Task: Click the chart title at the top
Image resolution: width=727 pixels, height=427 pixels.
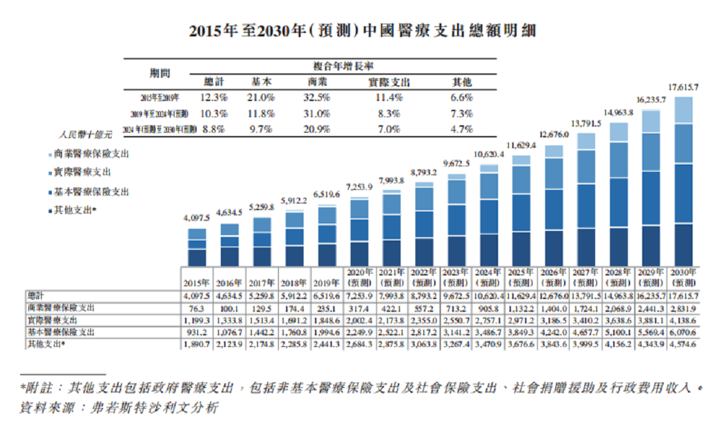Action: pos(363,31)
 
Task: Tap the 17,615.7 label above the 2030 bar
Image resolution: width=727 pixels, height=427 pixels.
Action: pos(683,88)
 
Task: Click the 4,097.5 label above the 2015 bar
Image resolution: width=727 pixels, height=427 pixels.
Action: pos(197,218)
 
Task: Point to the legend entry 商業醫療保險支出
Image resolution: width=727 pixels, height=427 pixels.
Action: pos(90,154)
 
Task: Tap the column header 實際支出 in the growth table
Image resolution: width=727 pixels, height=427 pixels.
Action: pos(388,82)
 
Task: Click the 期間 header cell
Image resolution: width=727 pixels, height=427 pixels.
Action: pos(160,73)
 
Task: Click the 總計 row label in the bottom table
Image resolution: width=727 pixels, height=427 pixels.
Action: pos(36,296)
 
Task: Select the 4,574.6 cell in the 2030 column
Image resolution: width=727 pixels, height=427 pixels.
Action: pos(683,344)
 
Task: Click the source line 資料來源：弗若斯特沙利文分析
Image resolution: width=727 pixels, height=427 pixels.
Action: pos(119,407)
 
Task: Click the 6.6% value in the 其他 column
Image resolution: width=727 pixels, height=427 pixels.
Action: pos(462,98)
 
